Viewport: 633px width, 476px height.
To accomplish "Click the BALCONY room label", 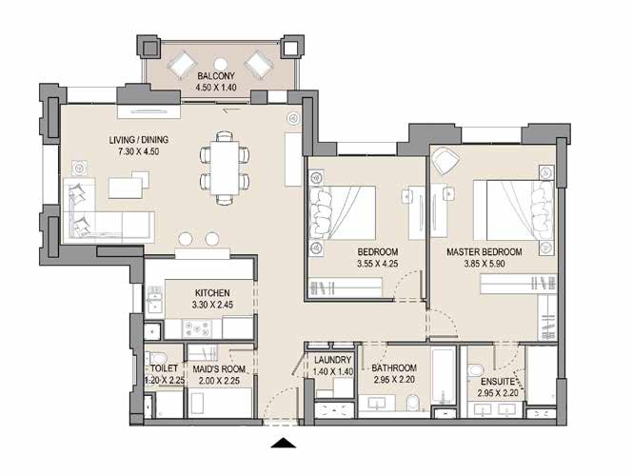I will pos(216,76).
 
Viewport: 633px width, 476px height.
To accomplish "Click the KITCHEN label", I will pos(212,293).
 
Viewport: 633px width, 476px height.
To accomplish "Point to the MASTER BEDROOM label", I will pos(485,252).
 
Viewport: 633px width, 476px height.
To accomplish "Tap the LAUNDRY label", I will pos(332,360).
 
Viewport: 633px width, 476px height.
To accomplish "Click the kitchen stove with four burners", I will pos(201,328).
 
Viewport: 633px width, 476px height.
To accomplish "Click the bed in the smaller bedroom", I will pos(342,215).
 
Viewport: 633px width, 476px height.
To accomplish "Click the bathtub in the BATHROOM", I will pos(444,378).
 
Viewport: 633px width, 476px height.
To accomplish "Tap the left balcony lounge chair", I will pos(181,64).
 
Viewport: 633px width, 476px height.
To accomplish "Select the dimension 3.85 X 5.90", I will pos(485,265).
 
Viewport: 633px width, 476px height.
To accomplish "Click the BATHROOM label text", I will pos(394,367).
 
